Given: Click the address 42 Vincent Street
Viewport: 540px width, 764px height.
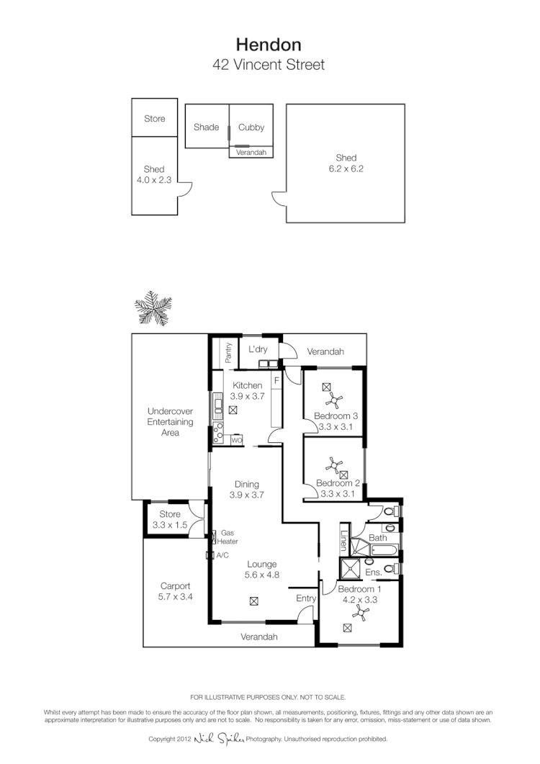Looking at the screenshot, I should tap(269, 65).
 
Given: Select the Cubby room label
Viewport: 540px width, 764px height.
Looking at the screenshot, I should tap(251, 127).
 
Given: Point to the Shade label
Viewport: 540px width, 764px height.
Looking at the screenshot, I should tap(206, 127).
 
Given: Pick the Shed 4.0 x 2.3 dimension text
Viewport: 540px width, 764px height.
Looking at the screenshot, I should tap(154, 181).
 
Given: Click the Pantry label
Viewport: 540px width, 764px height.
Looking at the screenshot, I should tap(228, 352).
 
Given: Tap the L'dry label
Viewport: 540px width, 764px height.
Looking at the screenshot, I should tap(258, 350).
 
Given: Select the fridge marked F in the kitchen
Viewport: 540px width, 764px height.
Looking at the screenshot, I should tap(276, 380).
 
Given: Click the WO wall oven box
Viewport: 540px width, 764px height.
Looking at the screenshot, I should tap(236, 440).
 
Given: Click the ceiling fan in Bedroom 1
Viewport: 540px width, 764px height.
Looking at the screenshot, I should tap(361, 613).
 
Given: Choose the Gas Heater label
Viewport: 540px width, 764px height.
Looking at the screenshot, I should tap(229, 537).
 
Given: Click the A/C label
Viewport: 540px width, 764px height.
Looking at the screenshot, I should tap(222, 555).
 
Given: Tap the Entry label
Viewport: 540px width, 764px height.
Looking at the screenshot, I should tap(306, 598).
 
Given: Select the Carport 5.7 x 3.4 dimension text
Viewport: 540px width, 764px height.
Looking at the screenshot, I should tap(176, 597).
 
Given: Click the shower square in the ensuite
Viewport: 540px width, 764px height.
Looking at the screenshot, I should tap(350, 568).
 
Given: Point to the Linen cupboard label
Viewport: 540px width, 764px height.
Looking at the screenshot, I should tap(344, 539).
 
